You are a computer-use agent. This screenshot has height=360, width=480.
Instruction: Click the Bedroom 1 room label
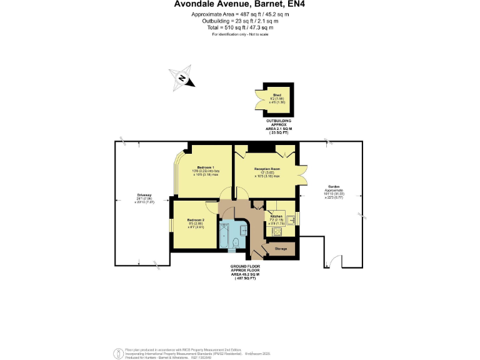[x=206, y=167]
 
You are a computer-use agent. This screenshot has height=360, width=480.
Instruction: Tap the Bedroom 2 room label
[x=196, y=220]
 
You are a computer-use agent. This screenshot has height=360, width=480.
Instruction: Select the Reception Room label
[x=266, y=169]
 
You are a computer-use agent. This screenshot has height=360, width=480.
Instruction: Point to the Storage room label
[x=281, y=249]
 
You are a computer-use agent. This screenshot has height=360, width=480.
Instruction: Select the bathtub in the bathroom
[x=224, y=234]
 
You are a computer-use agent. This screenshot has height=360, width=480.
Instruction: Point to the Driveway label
[x=144, y=196]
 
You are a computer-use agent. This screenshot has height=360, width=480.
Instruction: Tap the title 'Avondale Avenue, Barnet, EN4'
[x=240, y=6]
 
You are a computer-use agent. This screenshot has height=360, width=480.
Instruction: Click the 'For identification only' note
[x=240, y=34]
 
